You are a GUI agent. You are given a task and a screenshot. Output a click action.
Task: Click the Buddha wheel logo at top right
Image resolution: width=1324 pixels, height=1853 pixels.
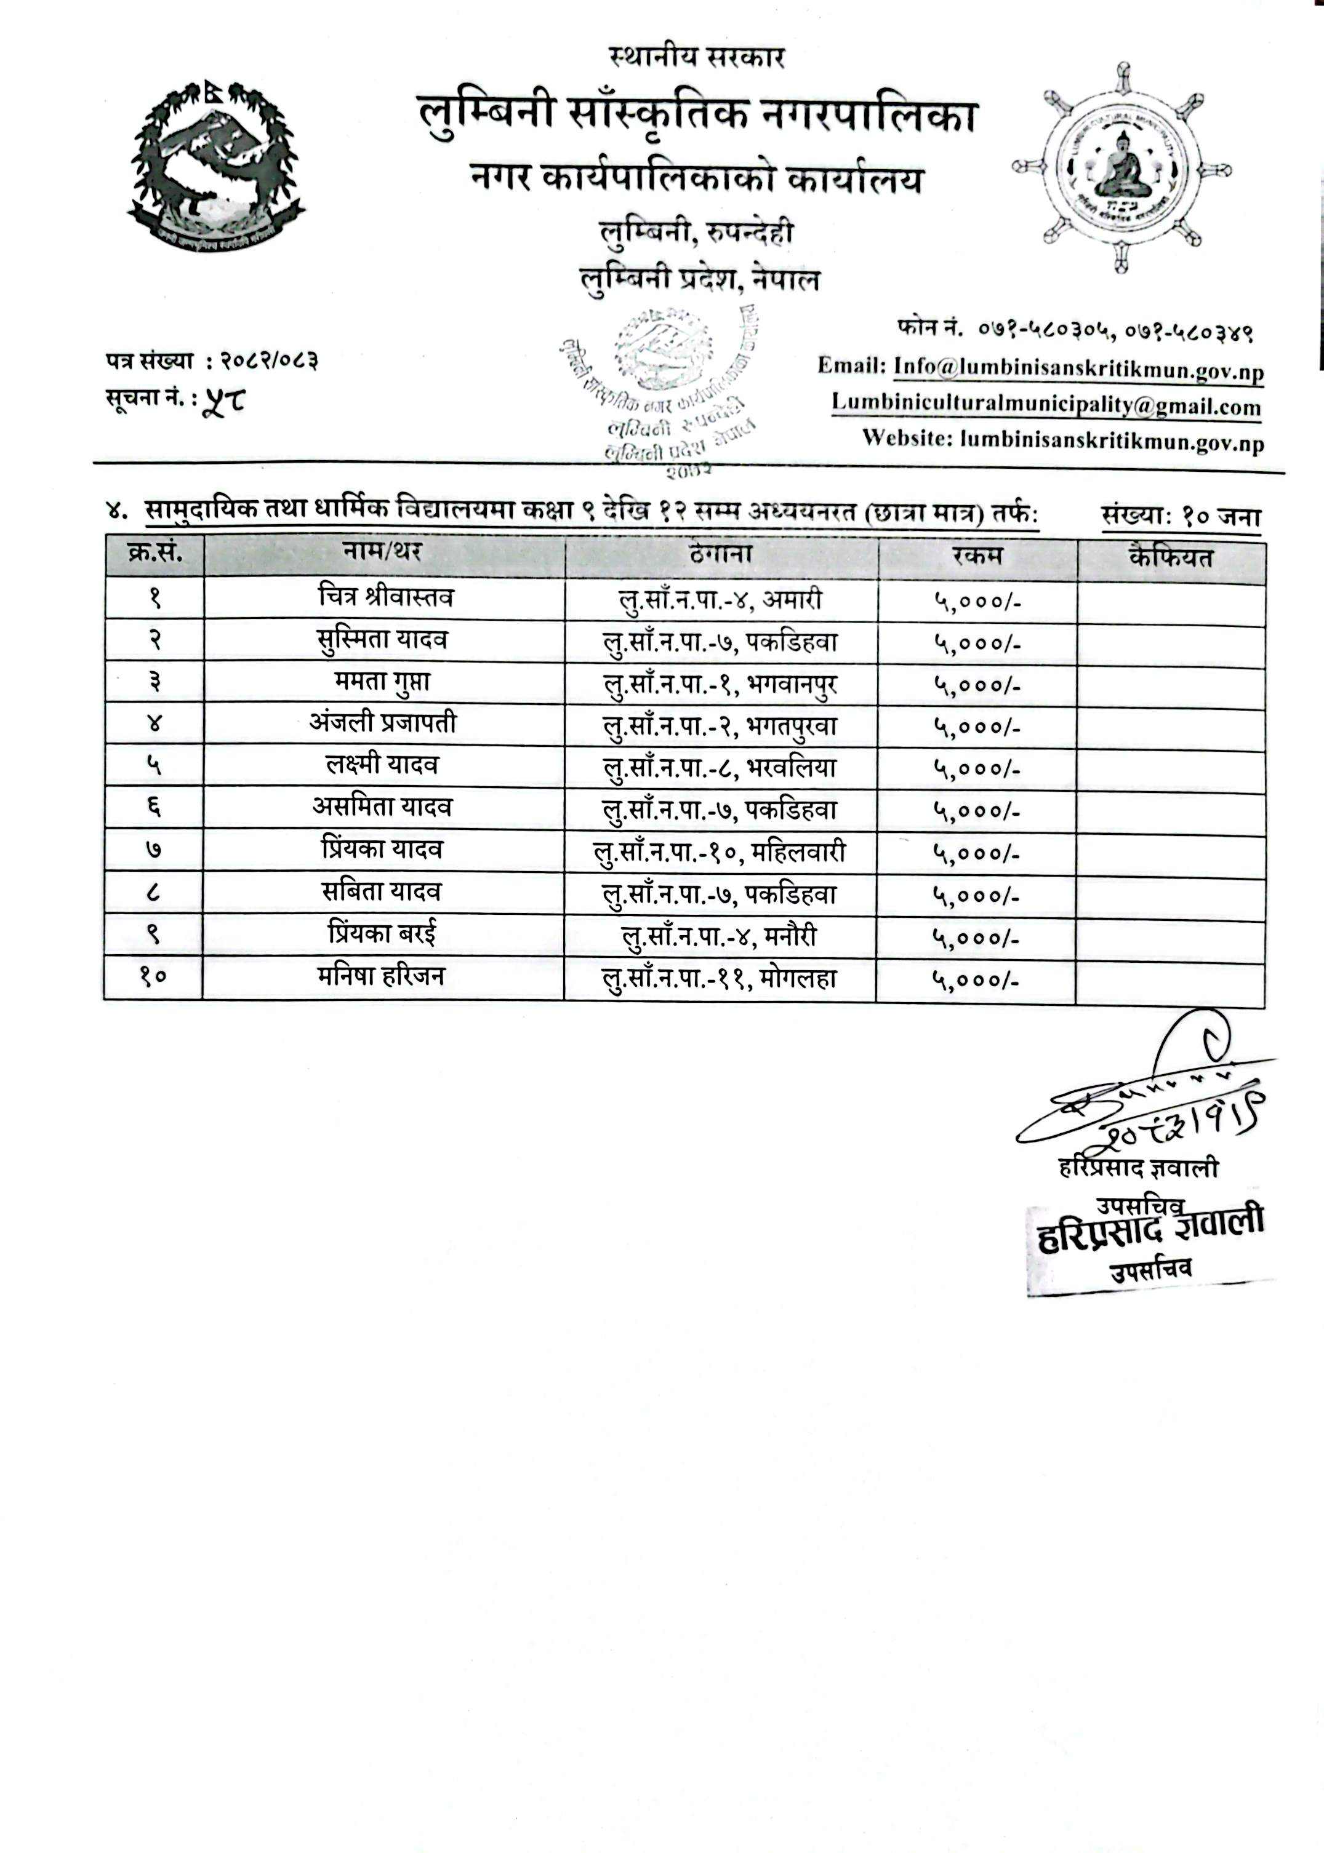click(x=1122, y=167)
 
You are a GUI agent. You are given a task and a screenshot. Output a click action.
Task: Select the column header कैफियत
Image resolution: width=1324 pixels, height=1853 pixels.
click(x=1171, y=557)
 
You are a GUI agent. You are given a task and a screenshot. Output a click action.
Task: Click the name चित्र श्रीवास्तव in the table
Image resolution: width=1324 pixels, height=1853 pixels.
click(x=385, y=597)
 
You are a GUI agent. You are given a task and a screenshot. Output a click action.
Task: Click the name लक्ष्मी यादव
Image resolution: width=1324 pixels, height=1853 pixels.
click(x=382, y=766)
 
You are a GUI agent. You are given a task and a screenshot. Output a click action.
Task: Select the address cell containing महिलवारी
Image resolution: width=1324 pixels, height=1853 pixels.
click(x=719, y=852)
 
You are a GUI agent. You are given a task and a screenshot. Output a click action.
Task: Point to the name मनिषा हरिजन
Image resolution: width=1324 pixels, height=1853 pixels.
click(x=382, y=976)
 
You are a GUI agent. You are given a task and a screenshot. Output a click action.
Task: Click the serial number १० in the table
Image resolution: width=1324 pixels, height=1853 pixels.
click(x=153, y=977)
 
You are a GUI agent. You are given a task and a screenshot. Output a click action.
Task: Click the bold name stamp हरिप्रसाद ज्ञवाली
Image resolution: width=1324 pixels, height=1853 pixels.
click(x=1150, y=1230)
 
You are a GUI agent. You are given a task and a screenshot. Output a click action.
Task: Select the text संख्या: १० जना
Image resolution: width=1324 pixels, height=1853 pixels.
click(x=1181, y=517)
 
